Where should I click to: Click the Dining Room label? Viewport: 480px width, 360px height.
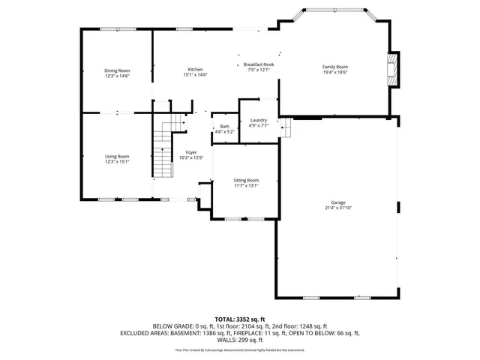pyautogui.click(x=117, y=70)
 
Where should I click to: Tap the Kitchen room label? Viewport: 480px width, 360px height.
pyautogui.click(x=195, y=70)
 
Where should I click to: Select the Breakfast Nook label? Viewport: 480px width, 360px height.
pyautogui.click(x=257, y=65)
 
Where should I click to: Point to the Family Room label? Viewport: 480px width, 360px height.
pyautogui.click(x=335, y=67)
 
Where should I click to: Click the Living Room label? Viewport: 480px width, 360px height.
pyautogui.click(x=117, y=156)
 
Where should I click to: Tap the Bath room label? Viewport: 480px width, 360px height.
pyautogui.click(x=225, y=127)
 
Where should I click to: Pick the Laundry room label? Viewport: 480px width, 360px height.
pyautogui.click(x=259, y=121)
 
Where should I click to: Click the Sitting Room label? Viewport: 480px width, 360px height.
pyautogui.click(x=247, y=181)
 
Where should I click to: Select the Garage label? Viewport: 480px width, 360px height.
pyautogui.click(x=338, y=202)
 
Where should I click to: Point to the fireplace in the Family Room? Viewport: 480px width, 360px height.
pyautogui.click(x=391, y=69)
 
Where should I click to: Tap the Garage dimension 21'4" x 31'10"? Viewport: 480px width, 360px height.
pyautogui.click(x=338, y=208)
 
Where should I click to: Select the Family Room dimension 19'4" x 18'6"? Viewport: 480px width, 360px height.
pyautogui.click(x=335, y=72)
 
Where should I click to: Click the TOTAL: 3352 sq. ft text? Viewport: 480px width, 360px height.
pyautogui.click(x=240, y=319)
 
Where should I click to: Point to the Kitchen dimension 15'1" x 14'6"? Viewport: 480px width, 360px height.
pyautogui.click(x=195, y=75)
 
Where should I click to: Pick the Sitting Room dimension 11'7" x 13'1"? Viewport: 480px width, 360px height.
pyautogui.click(x=247, y=186)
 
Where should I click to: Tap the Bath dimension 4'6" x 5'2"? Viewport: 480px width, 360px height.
pyautogui.click(x=225, y=132)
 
